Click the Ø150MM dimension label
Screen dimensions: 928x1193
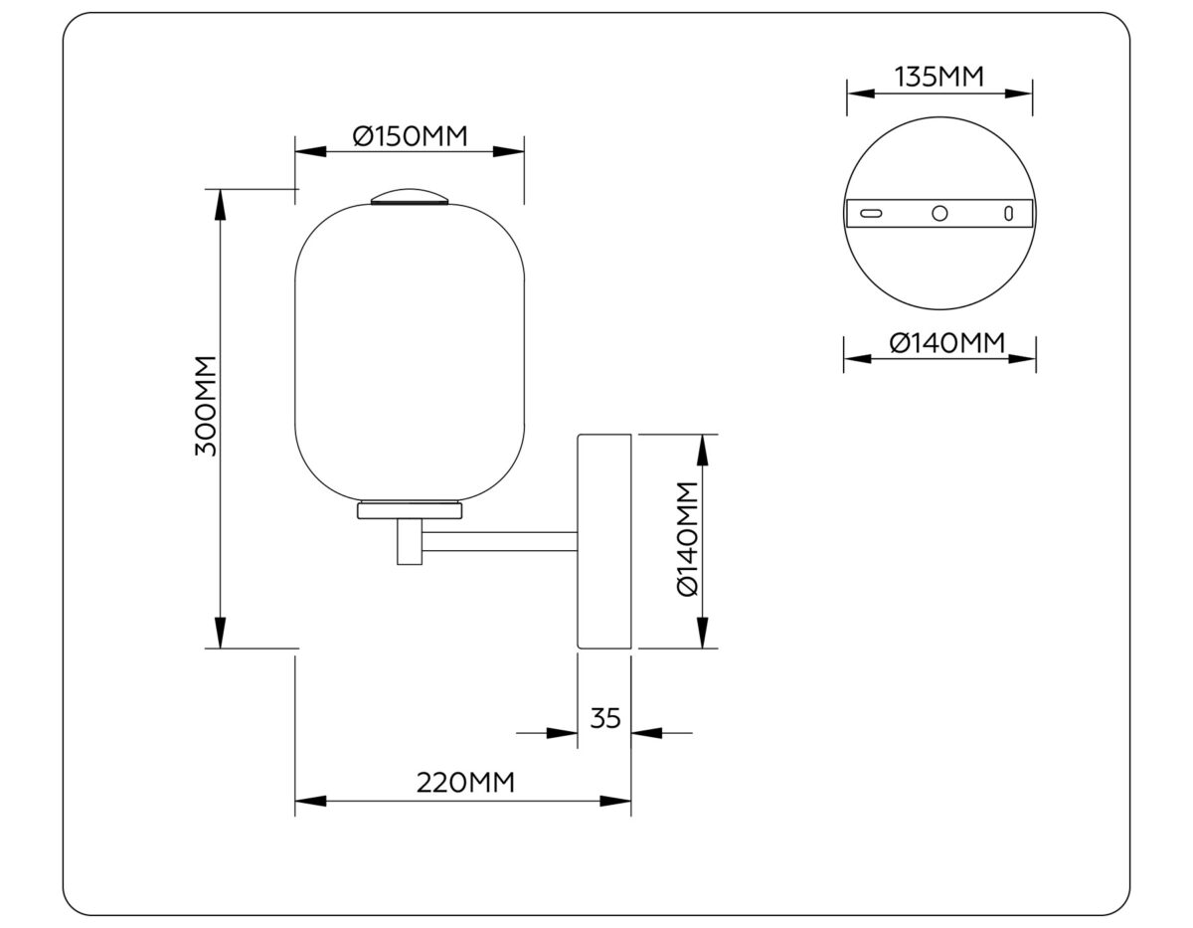[x=410, y=136]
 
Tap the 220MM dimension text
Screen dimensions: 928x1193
[x=464, y=783]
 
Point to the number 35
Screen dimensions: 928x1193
[x=604, y=718]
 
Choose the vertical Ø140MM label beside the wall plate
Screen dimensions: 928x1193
[x=688, y=539]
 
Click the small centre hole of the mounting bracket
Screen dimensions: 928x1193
[x=939, y=213]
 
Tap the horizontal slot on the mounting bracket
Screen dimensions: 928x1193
[x=872, y=213]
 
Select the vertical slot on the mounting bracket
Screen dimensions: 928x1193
[x=1008, y=213]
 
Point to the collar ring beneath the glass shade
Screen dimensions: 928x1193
[x=410, y=511]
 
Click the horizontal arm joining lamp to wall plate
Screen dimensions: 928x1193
[x=499, y=542]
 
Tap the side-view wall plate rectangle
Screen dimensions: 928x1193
[x=604, y=541]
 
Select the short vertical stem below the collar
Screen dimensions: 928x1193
[x=409, y=543]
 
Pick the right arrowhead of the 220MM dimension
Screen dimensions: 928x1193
[x=616, y=801]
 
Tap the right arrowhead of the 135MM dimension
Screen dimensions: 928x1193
[x=1019, y=93]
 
